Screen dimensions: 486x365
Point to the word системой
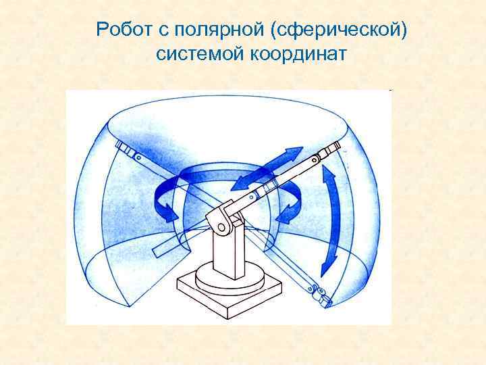tap(200, 54)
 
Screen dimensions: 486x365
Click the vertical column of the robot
tap(226, 250)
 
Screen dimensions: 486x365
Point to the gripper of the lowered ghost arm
tap(320, 293)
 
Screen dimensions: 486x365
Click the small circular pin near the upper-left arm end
tap(138, 157)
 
